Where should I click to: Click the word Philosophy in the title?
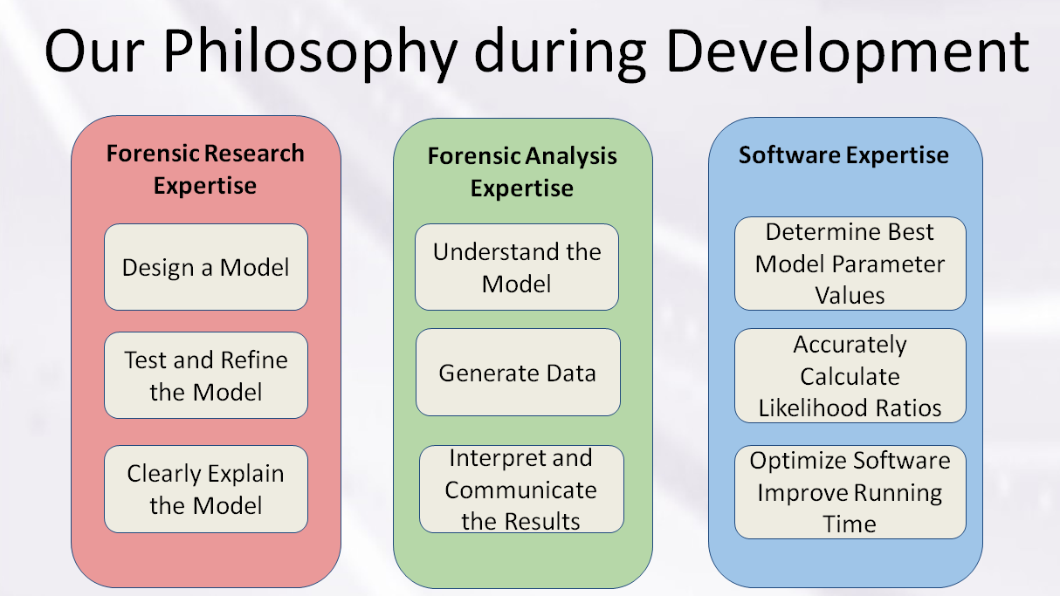311,53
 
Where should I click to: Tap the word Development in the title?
848,53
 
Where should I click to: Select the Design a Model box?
206,267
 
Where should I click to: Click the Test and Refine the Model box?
206,375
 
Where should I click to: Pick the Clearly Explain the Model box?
206,489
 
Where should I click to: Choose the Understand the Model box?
517,267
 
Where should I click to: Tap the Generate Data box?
518,373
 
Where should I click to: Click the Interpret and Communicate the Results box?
521,489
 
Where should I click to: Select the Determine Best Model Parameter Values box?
850,264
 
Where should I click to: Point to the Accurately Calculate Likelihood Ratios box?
850,375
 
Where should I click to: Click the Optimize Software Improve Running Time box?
850,492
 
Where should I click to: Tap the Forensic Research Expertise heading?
205,169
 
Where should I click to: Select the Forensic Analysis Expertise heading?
522,172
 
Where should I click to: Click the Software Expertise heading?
843,155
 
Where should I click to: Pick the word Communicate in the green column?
520,490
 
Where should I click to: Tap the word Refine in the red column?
254,360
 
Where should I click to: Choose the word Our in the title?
94,51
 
